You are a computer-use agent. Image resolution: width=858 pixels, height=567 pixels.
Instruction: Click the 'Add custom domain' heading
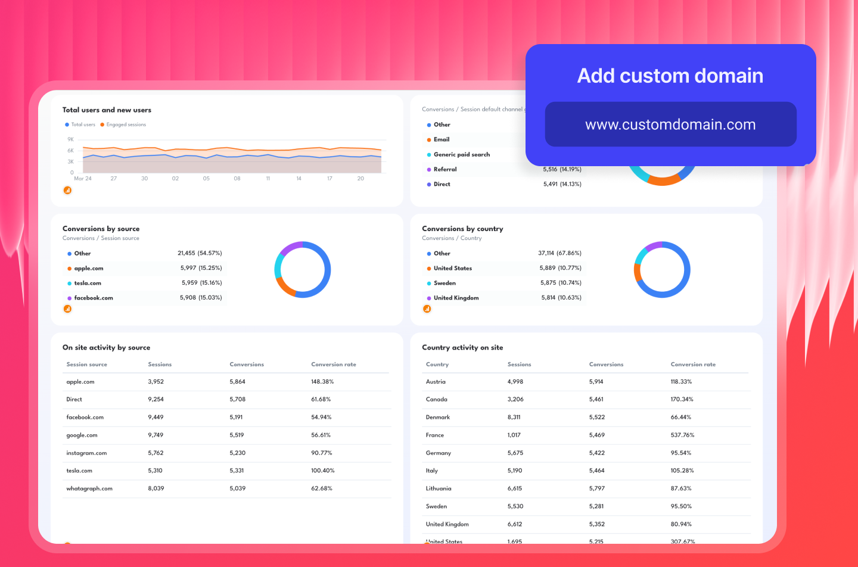670,76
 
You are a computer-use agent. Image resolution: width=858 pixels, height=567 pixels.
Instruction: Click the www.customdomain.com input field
670,124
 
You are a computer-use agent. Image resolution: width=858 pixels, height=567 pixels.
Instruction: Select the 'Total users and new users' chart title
107,110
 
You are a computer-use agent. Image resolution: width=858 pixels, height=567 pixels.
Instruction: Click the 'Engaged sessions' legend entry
126,124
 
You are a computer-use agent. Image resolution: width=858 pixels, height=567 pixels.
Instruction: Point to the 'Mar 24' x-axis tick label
83,179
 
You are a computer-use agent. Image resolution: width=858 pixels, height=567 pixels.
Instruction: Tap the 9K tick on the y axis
71,139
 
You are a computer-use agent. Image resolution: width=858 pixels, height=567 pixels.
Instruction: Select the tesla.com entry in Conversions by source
88,283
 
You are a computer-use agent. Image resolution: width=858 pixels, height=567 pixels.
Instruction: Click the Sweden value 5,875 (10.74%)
561,283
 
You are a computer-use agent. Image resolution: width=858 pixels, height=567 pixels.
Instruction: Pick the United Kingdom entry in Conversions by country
456,298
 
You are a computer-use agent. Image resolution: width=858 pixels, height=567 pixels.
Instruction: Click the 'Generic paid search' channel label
462,154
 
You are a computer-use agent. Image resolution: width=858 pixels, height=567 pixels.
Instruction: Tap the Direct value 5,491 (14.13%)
562,184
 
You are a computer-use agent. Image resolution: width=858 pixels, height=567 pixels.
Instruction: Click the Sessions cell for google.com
156,435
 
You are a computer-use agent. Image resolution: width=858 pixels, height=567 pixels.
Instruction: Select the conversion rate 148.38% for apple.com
322,382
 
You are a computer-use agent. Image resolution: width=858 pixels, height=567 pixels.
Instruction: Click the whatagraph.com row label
89,488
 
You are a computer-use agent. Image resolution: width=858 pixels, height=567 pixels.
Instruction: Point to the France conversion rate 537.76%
682,435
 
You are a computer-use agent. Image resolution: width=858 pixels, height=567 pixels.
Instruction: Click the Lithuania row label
439,488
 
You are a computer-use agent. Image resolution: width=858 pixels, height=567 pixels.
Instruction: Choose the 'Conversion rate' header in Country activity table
693,364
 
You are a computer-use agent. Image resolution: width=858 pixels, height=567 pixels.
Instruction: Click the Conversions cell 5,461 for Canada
596,400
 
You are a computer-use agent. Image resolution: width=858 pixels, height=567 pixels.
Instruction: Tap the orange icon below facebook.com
67,309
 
